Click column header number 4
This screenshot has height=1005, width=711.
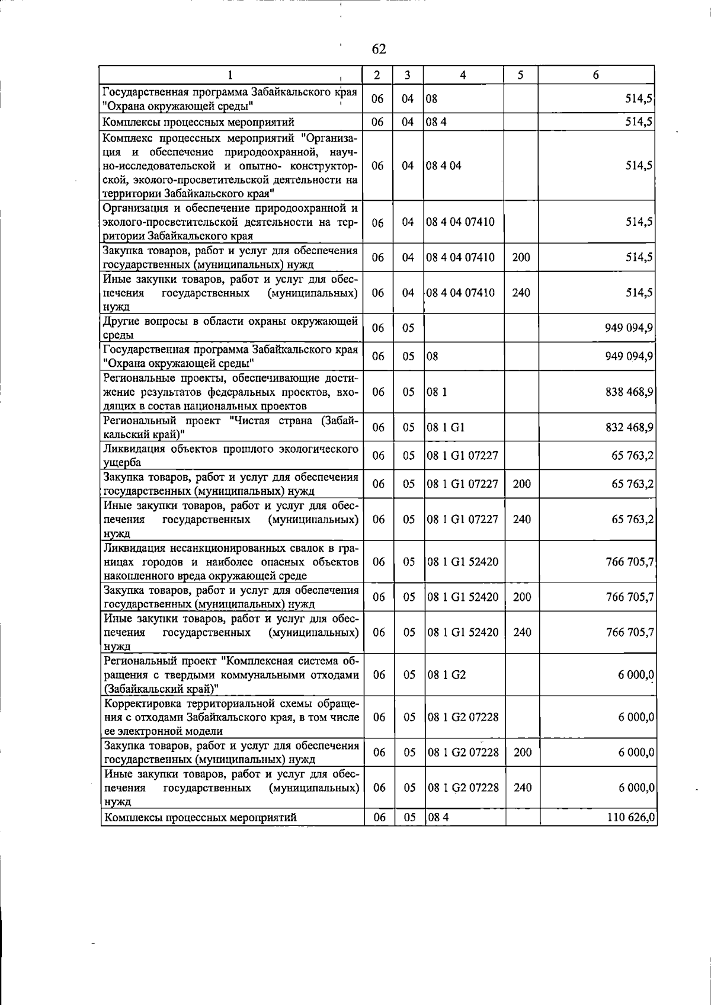pos(463,75)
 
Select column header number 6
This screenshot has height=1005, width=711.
pos(596,75)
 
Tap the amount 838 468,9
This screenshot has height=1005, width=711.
pos(629,392)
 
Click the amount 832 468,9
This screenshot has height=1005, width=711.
pos(629,428)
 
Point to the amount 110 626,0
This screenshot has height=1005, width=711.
pos(631,818)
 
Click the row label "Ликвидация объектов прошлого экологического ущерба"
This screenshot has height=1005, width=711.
pos(231,456)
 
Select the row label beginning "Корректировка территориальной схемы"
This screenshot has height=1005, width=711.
pos(231,717)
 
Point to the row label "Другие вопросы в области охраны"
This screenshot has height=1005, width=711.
pos(231,328)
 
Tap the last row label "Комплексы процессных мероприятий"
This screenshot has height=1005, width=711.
pos(200,818)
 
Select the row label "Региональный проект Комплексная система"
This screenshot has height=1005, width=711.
pos(231,675)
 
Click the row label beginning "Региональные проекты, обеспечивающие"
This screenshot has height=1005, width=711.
pos(231,392)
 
